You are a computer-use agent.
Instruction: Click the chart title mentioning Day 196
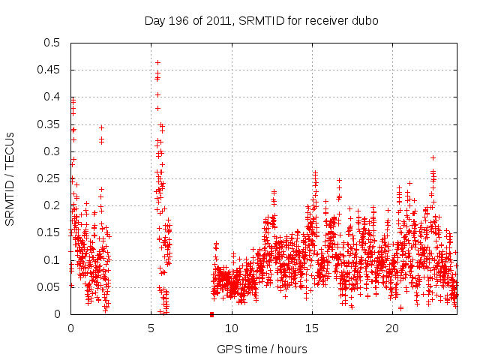(261, 20)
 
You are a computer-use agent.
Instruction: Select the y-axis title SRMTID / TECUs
(10, 178)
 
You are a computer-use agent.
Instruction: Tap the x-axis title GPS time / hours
(261, 349)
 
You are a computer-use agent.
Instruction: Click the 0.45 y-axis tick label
(52, 70)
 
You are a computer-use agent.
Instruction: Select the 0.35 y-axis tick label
(52, 124)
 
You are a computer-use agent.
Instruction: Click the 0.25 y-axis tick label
(52, 178)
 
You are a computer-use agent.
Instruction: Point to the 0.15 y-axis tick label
(52, 232)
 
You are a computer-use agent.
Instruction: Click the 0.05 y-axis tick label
(52, 287)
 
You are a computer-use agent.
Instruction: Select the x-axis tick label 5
(151, 328)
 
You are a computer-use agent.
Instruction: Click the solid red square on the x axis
(211, 314)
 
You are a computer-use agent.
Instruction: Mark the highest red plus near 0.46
(157, 62)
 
